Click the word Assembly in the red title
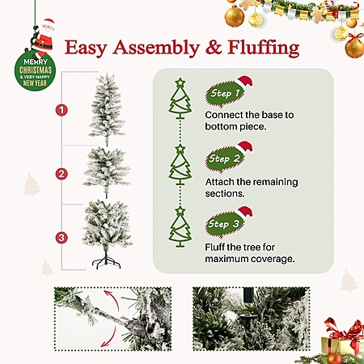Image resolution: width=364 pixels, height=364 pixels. (x=156, y=48)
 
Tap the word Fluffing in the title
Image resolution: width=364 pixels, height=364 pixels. (x=264, y=48)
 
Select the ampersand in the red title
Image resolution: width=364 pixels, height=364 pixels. (x=214, y=48)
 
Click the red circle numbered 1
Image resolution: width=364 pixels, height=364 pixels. (x=61, y=110)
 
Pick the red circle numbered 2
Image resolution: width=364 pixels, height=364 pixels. (x=61, y=174)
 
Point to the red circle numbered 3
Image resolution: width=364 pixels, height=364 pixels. (x=61, y=238)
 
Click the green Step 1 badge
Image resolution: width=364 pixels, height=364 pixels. (x=225, y=93)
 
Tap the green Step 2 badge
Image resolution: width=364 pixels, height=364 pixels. (x=225, y=159)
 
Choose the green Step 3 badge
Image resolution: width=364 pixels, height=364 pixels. (x=224, y=224)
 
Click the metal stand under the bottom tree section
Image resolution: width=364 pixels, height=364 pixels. (x=106, y=260)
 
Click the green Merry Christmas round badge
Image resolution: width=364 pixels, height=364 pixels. (x=35, y=71)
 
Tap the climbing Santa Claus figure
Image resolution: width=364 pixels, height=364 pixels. (x=42, y=38)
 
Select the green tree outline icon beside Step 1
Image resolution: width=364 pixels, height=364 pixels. (x=180, y=99)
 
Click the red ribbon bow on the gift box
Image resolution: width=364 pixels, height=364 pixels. (x=345, y=329)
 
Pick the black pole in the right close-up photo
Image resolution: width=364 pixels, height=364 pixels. (x=248, y=294)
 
